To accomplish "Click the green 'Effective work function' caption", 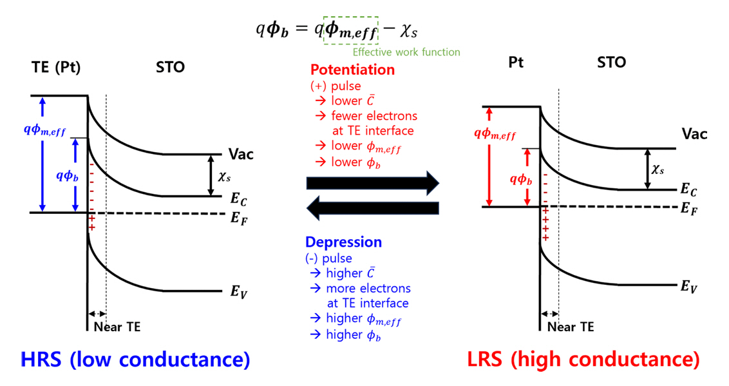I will (x=406, y=52).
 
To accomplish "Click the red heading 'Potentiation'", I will (x=352, y=70).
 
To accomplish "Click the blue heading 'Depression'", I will (x=343, y=242).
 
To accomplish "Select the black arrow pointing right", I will (x=372, y=183).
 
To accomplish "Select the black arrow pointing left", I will (x=372, y=207).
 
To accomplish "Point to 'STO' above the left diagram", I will (x=170, y=67).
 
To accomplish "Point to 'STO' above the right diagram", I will (x=611, y=63).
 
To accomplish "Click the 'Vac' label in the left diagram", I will (x=241, y=155).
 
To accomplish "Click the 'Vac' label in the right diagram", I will (x=695, y=134).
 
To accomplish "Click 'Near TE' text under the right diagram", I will (x=571, y=327).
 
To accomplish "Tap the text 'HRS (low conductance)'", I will (x=135, y=360).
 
